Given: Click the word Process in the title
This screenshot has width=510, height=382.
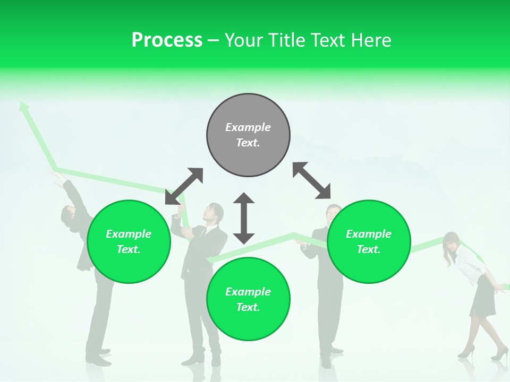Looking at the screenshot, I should coord(167,40).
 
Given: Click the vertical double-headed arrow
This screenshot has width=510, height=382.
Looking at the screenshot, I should coord(244,218).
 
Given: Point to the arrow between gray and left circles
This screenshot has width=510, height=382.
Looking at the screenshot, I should coord(184,186).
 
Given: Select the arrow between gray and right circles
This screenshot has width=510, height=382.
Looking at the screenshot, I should coord(311,181).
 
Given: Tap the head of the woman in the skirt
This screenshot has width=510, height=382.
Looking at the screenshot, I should coord(452,242).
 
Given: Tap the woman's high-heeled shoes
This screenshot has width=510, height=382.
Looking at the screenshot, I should coord(483,353).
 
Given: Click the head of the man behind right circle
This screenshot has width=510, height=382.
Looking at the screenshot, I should coord(333,213).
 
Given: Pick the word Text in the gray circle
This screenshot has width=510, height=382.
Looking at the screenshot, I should coord(248,143).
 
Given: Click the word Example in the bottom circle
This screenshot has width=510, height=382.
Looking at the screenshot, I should coord(248,292).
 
